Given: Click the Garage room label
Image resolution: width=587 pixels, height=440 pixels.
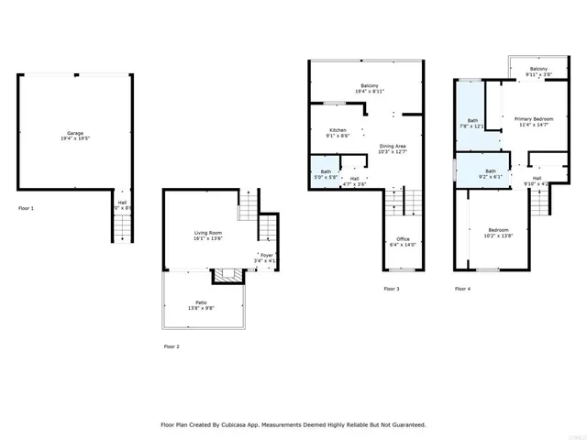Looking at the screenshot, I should [x=76, y=134].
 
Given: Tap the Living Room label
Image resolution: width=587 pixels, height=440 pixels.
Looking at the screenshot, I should [x=207, y=236].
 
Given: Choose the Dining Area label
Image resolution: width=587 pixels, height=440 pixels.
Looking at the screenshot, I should [x=393, y=148].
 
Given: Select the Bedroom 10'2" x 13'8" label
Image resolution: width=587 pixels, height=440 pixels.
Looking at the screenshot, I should [x=498, y=232].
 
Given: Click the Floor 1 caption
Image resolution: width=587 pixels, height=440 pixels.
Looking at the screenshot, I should [x=27, y=208].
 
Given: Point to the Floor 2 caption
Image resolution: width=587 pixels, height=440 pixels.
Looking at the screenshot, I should [x=172, y=346].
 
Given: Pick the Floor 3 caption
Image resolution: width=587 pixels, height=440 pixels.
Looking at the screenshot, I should [x=392, y=289].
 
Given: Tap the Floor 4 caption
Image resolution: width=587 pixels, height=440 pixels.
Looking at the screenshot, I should [x=462, y=289].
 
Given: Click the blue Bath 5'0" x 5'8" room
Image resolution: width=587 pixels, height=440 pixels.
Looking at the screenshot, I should [x=325, y=174].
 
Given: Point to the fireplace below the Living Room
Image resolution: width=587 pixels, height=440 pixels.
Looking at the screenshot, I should [x=225, y=274].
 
